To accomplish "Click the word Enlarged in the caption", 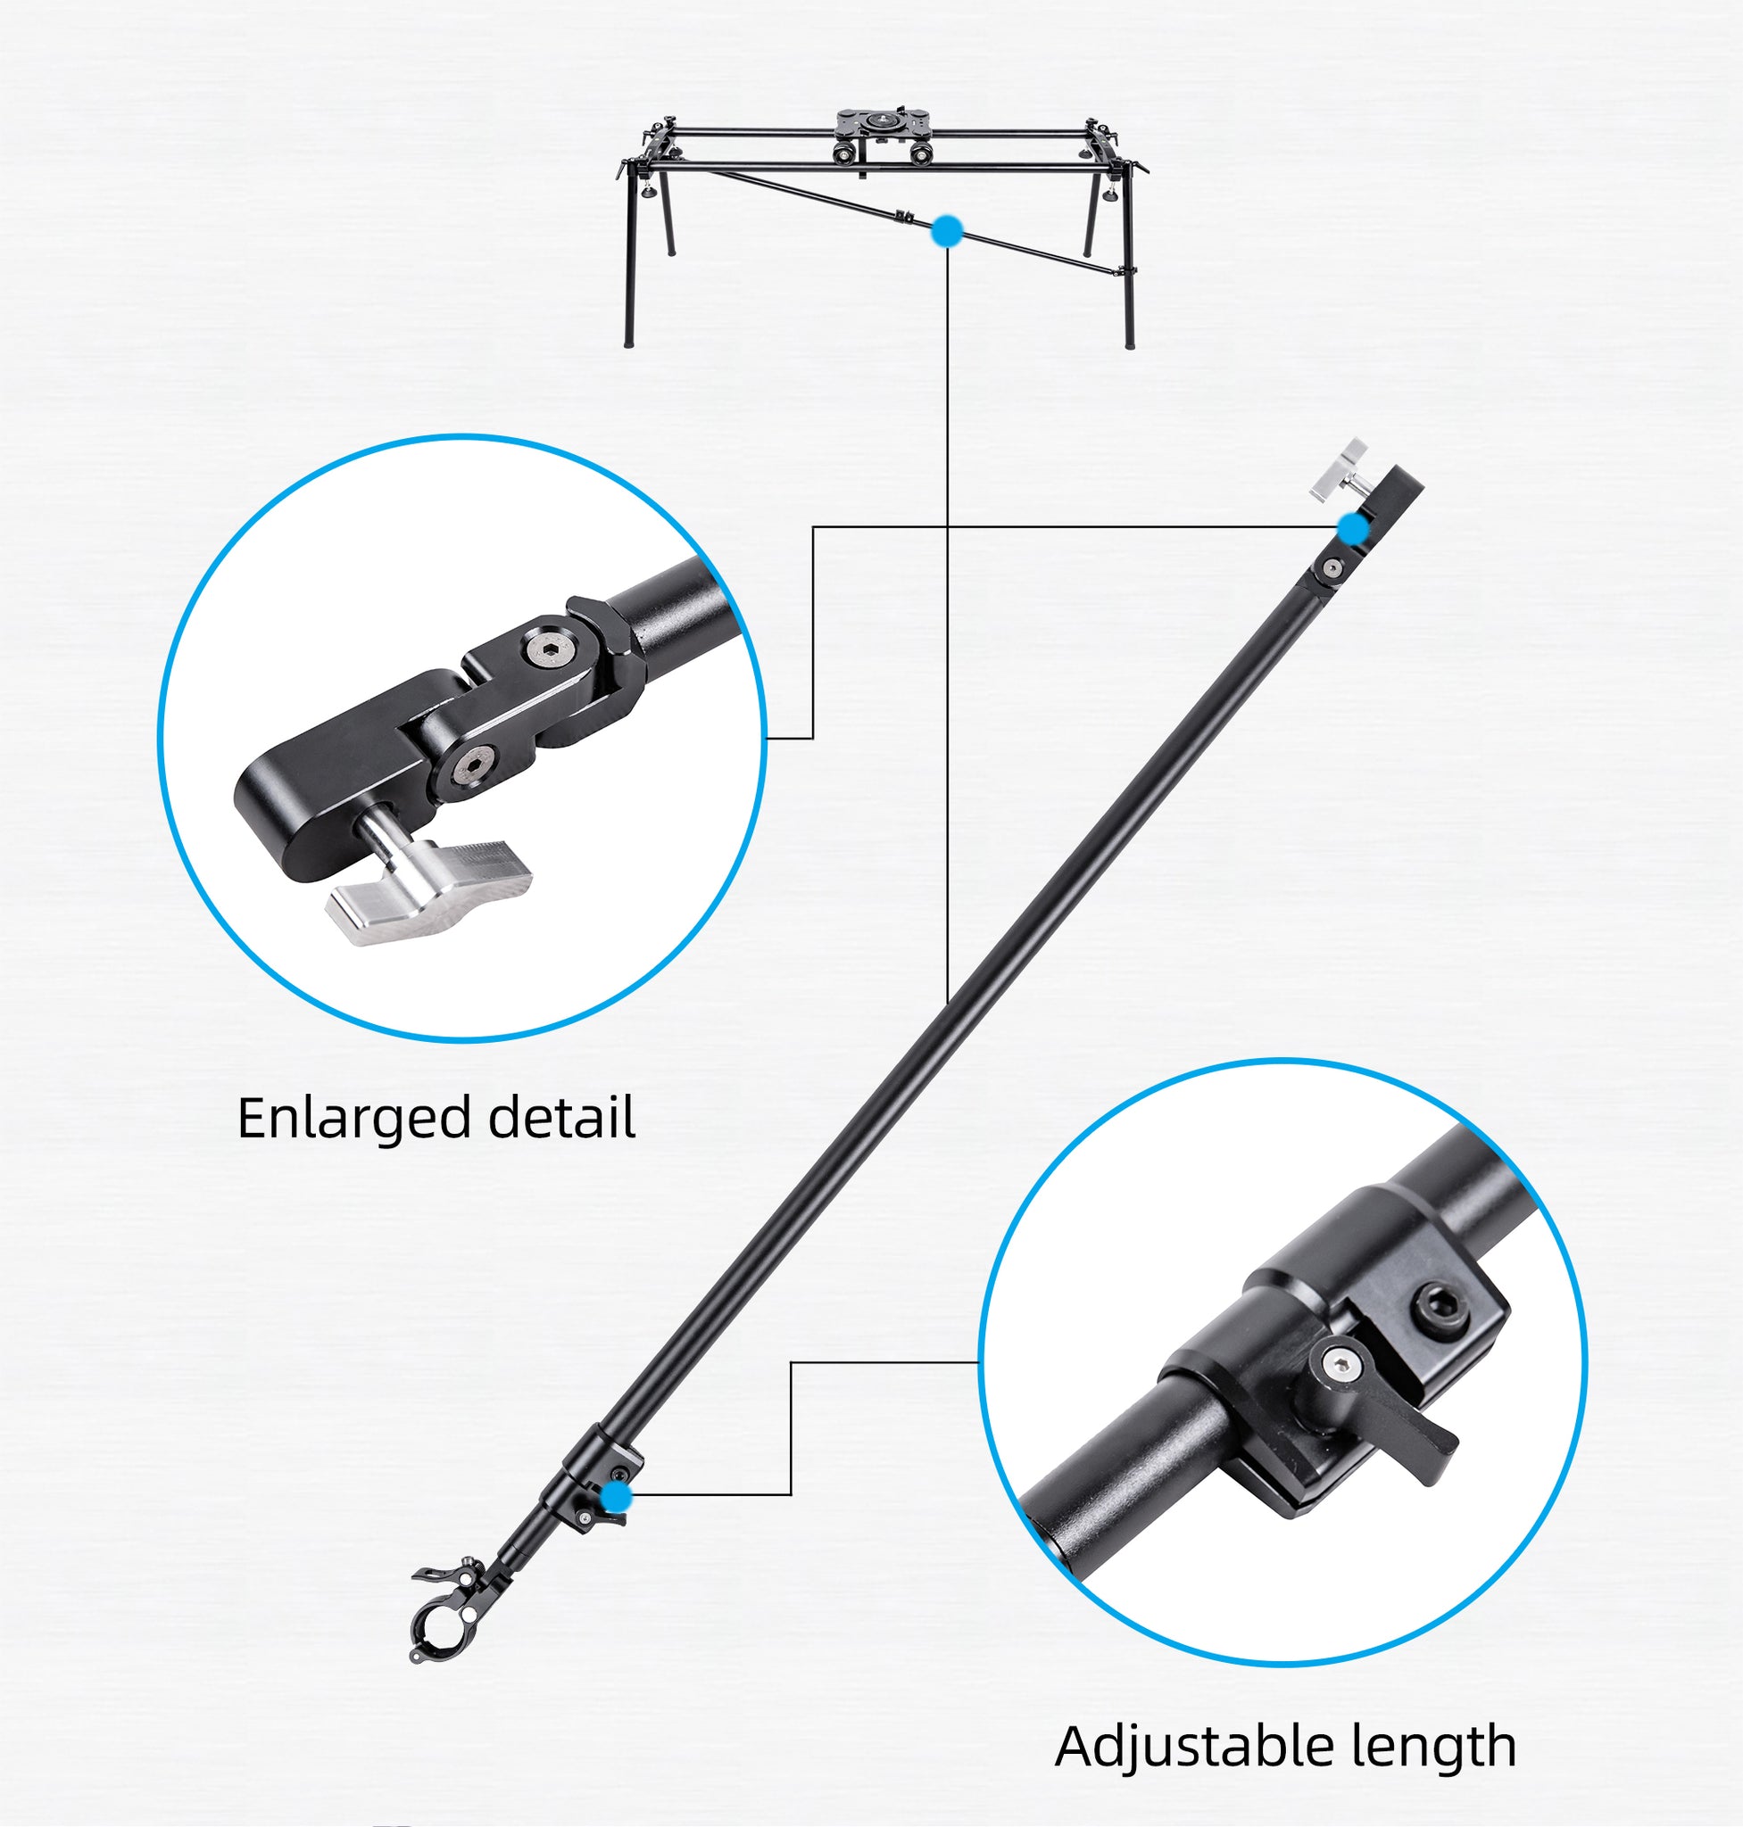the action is (x=355, y=1120).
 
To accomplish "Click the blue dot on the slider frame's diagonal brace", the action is (x=947, y=232).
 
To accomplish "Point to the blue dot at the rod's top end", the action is (x=1354, y=529).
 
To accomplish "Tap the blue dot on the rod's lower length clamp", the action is (x=615, y=1496).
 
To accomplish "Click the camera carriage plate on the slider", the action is (x=876, y=121).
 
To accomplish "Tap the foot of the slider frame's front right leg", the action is (x=1130, y=344).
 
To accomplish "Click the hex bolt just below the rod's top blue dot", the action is (x=1332, y=568).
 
